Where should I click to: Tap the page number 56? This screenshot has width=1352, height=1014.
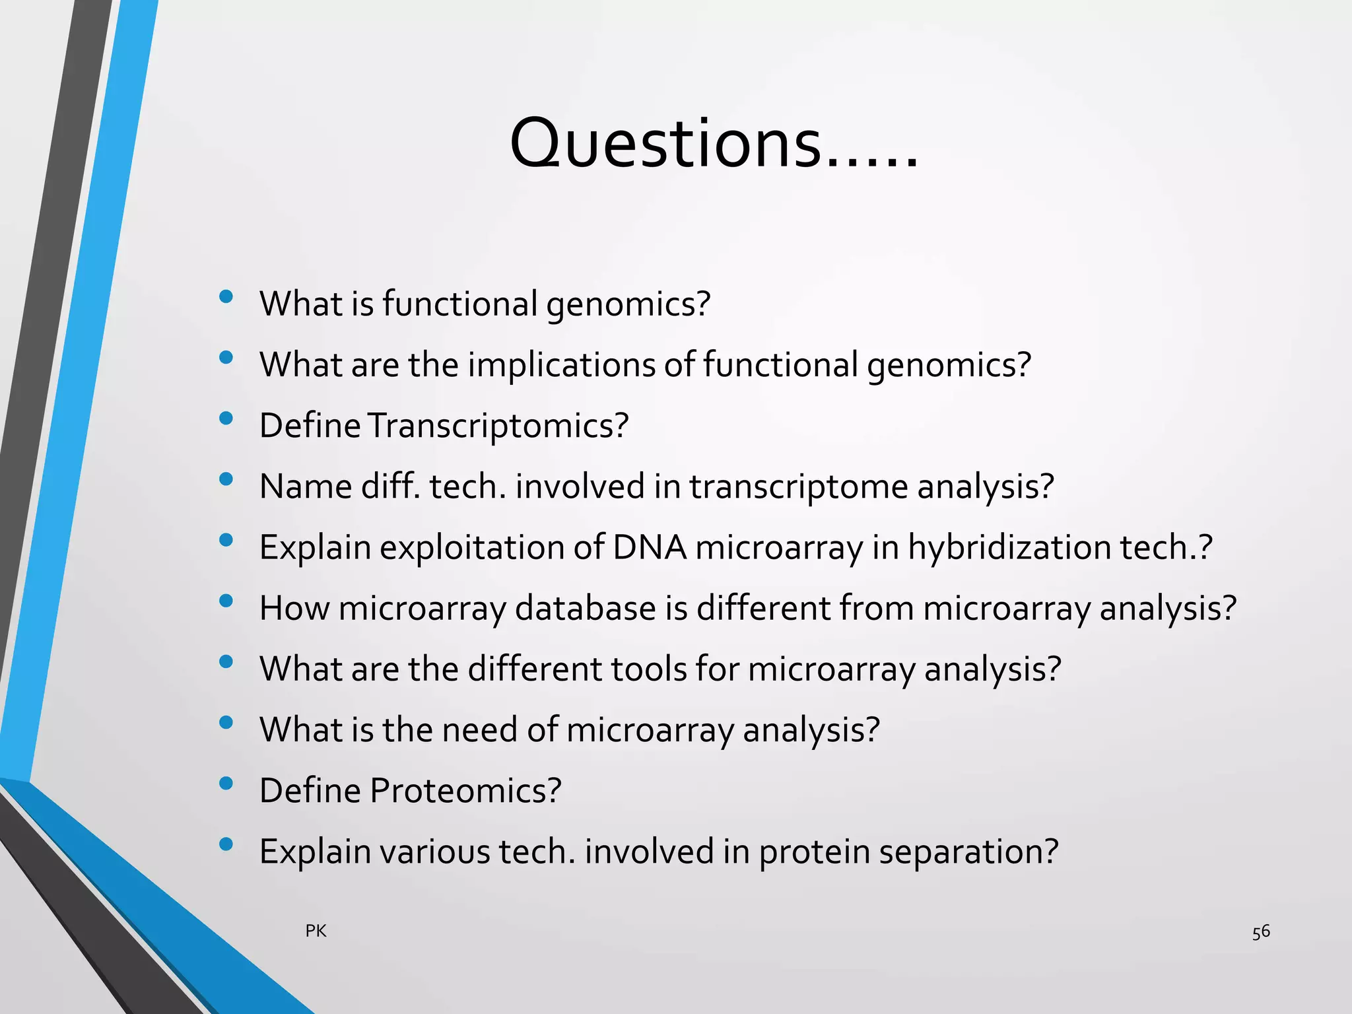[1260, 932]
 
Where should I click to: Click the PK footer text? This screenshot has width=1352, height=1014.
[316, 931]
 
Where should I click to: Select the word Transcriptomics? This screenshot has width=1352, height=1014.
[497, 426]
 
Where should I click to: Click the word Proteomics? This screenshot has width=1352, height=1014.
[465, 791]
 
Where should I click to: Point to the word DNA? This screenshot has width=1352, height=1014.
[650, 547]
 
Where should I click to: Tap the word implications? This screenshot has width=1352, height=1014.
[561, 365]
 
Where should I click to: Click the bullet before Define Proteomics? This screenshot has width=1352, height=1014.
[226, 784]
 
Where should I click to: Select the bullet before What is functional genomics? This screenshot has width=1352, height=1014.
[226, 296]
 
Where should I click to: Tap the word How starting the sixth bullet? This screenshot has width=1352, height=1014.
[294, 608]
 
